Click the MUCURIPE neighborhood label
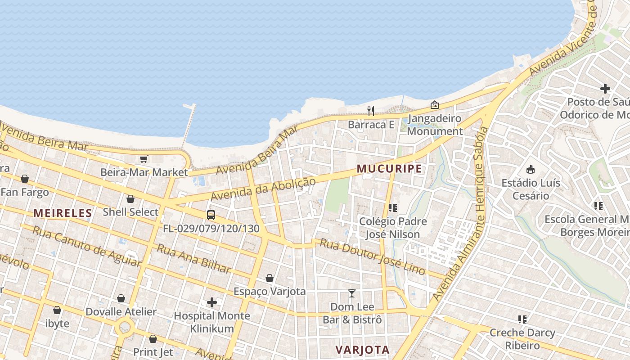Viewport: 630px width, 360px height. pos(389,169)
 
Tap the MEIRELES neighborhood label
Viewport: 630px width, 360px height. pos(63,213)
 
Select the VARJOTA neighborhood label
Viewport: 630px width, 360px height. pos(362,350)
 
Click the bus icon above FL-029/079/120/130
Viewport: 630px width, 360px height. pos(211,215)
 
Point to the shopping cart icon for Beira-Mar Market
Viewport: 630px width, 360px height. pos(144,159)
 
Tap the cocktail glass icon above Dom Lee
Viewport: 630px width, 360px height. pos(352,293)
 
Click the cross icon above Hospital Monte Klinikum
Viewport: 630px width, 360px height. pos(211,302)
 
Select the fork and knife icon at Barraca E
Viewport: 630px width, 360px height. pos(371,111)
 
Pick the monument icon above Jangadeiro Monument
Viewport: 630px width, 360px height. pos(434,105)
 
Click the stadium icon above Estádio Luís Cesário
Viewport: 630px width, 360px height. pos(531,170)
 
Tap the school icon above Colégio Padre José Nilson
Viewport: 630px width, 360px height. pos(392,208)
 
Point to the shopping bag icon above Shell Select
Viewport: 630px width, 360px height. pos(130,199)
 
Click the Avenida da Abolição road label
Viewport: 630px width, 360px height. pos(263,189)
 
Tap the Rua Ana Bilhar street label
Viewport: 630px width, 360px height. pos(193,258)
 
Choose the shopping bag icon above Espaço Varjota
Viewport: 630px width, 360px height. pos(269,278)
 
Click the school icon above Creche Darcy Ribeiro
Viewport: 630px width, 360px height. pos(522,319)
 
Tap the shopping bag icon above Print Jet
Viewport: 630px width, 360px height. pos(153,339)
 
